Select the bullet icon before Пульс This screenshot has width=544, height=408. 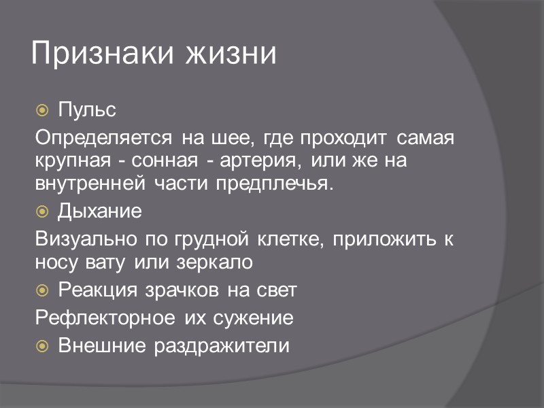coord(42,109)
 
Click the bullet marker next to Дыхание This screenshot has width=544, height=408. coord(42,211)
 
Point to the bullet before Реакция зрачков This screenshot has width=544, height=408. coord(42,291)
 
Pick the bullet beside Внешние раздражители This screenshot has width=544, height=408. coord(42,346)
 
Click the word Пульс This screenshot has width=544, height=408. coord(87,109)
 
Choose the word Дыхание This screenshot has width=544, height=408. coord(100,211)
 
